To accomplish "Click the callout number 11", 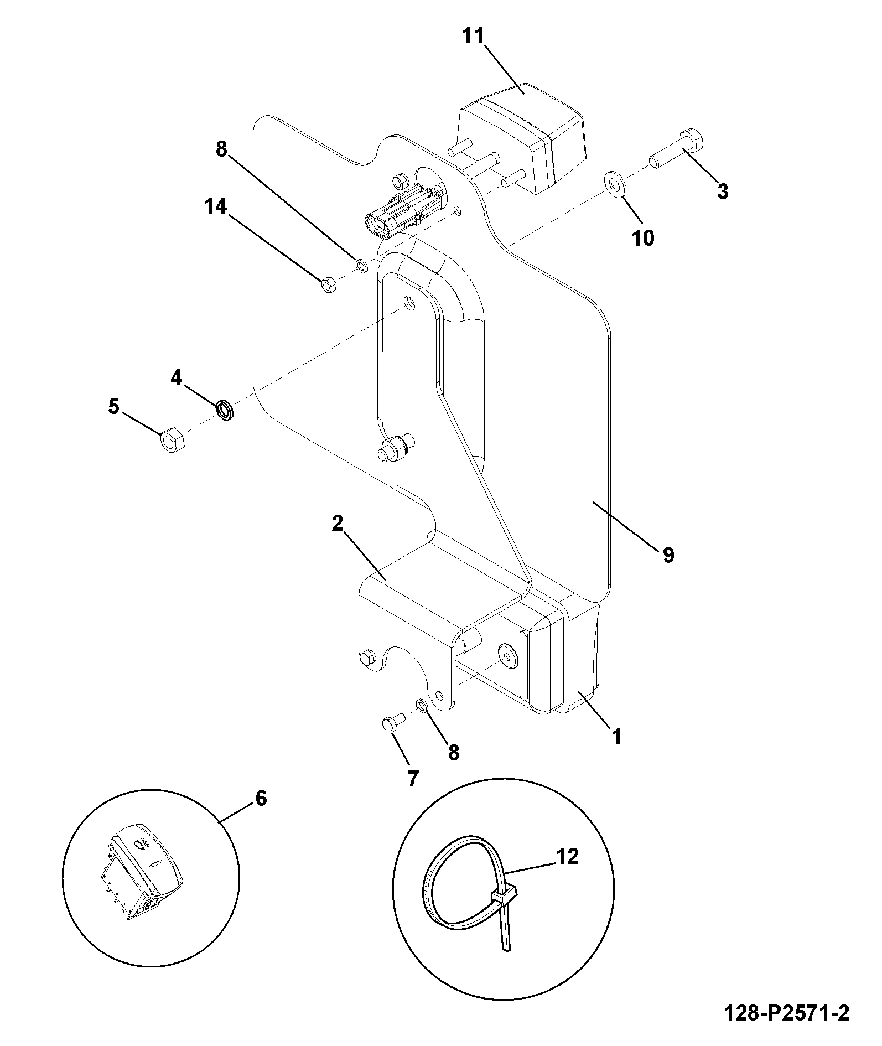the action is pos(474,37).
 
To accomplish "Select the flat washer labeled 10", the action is pos(615,183).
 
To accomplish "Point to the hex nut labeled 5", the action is pos(173,441).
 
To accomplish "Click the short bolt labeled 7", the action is pos(393,722).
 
